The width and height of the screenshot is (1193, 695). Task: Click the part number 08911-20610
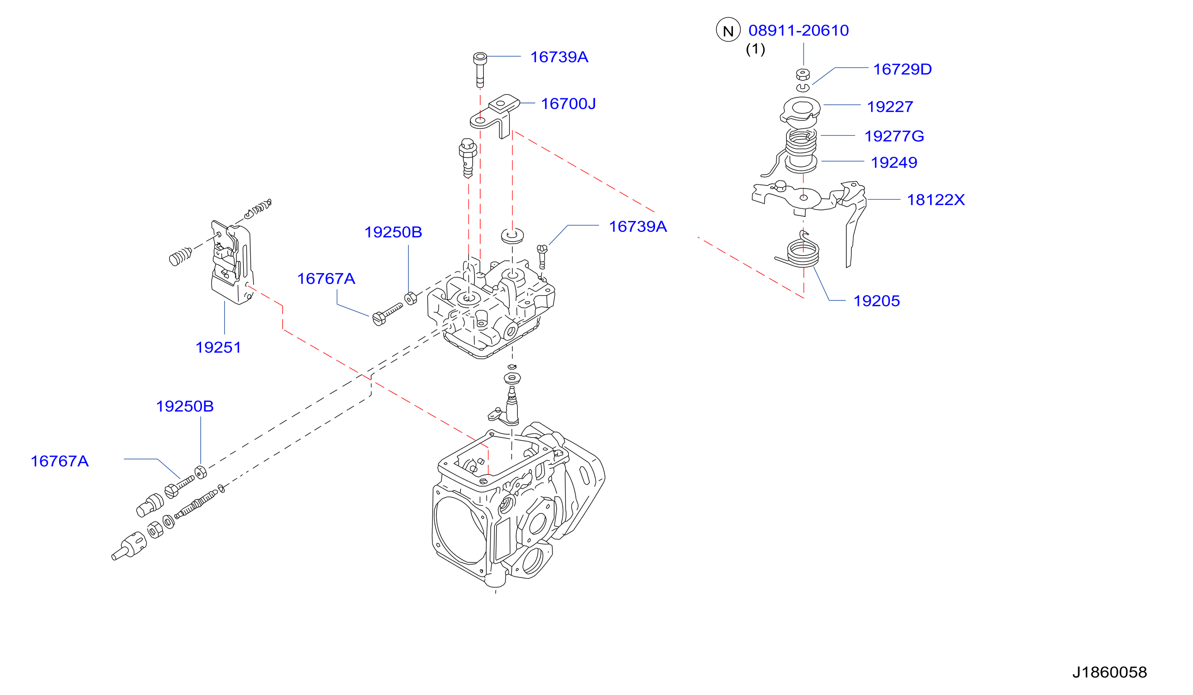798,31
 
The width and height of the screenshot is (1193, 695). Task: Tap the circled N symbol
728,30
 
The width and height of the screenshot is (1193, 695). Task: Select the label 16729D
902,70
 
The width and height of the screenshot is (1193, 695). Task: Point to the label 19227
890,107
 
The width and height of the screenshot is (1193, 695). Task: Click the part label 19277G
894,136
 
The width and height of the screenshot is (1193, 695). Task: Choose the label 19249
894,163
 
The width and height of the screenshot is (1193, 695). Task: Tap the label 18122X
936,200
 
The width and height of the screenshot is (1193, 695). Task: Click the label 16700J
568,104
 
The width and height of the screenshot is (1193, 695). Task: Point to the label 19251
218,348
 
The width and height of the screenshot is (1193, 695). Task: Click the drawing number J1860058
1110,673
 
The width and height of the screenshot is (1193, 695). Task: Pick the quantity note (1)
755,49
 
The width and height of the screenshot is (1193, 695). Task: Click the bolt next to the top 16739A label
480,70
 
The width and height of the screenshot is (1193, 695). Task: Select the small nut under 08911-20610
803,74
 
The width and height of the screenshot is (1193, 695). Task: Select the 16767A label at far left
60,461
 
